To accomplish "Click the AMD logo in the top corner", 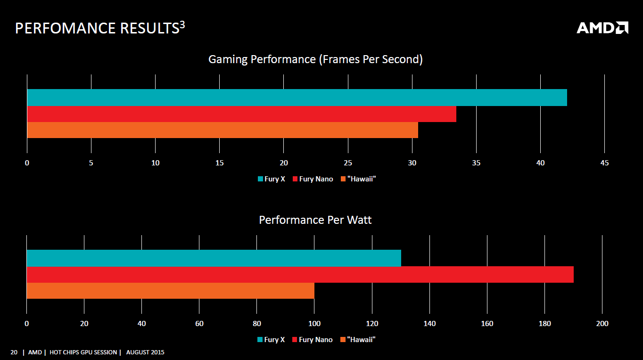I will pos(602,28).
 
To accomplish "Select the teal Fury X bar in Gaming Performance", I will pos(297,98).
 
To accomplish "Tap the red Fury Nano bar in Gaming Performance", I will pos(241,114).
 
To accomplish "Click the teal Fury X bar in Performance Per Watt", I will pos(214,258).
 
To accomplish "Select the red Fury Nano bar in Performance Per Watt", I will pos(300,274).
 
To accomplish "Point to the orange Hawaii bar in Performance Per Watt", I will pos(170,291).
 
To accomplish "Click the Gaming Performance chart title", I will pos(315,59).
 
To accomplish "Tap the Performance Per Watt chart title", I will pos(315,220).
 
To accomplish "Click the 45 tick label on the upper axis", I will pos(604,163).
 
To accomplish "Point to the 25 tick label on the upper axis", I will pos(348,163).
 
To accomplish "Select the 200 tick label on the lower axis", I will pos(602,324).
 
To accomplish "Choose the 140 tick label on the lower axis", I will pos(429,324).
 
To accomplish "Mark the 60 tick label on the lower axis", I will pos(199,324).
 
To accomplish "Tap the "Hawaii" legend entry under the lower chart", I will pos(361,340).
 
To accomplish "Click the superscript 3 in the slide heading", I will pos(182,25).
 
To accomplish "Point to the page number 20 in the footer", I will pos(14,352).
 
